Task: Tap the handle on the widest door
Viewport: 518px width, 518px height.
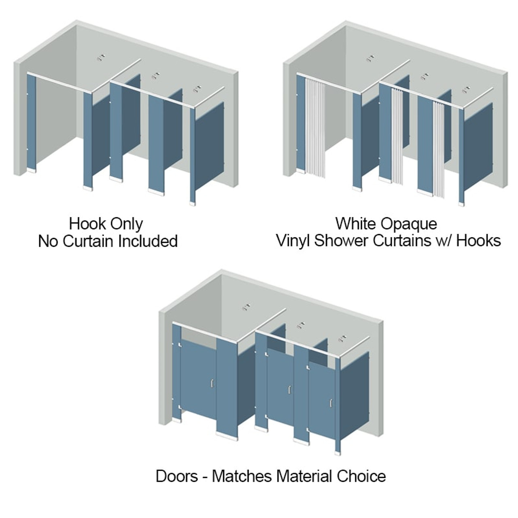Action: (212, 383)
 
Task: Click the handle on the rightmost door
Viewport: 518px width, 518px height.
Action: (331, 403)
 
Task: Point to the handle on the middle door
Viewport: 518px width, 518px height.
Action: (289, 390)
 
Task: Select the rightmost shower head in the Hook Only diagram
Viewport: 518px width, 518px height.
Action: (197, 89)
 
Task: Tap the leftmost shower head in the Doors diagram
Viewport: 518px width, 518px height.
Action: (245, 308)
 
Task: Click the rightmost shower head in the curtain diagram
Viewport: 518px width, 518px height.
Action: (466, 89)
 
